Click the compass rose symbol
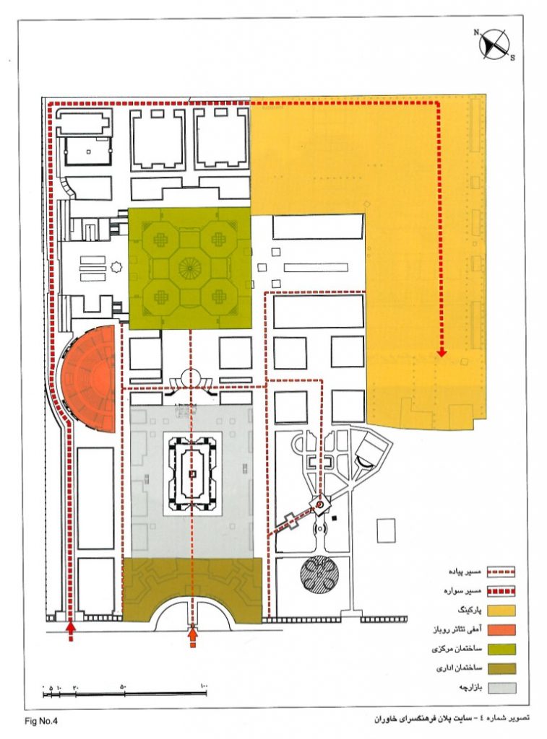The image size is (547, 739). pyautogui.click(x=494, y=44)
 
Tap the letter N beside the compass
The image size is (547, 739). pyautogui.click(x=477, y=32)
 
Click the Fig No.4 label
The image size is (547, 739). pyautogui.click(x=40, y=721)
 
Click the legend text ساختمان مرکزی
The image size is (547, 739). pyautogui.click(x=457, y=649)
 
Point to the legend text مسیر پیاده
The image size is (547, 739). pyautogui.click(x=465, y=572)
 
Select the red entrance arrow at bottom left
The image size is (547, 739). pyautogui.click(x=71, y=629)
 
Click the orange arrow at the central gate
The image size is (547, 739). pyautogui.click(x=192, y=634)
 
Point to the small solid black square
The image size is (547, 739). pyautogui.click(x=335, y=519)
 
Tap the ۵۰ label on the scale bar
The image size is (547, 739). pyautogui.click(x=123, y=686)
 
